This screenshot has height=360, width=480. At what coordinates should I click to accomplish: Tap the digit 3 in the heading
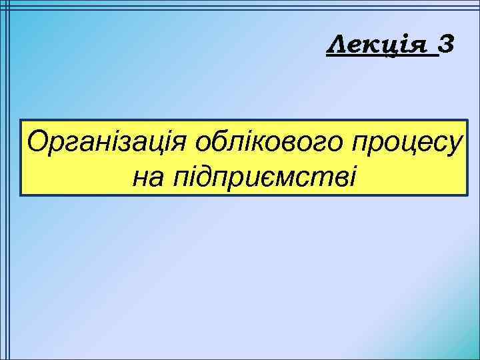(x=447, y=46)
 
